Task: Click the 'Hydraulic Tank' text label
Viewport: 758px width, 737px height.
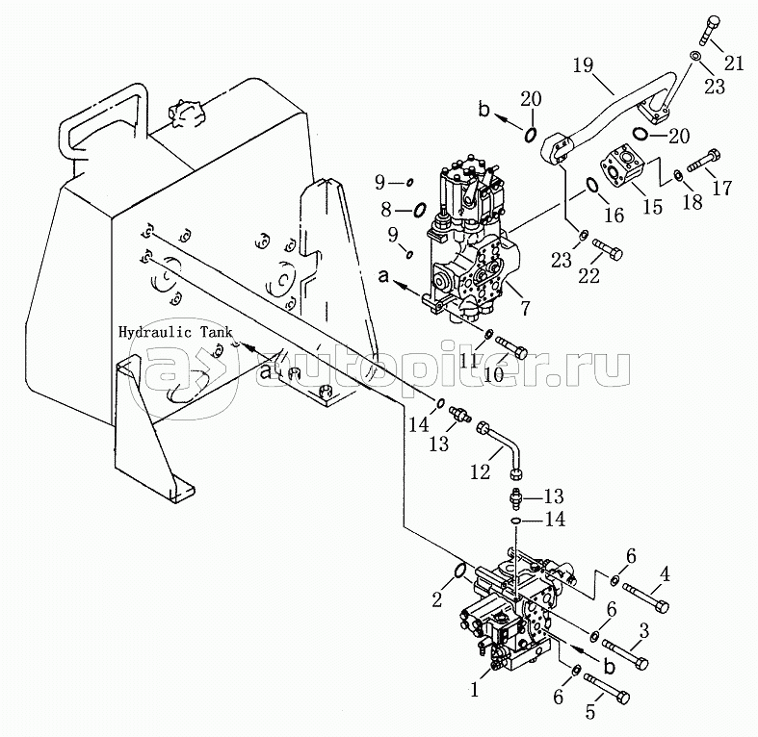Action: (x=175, y=332)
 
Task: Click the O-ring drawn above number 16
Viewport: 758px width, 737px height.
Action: (x=593, y=188)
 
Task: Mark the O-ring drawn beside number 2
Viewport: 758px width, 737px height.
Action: (x=460, y=574)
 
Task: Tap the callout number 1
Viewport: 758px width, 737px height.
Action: (x=472, y=689)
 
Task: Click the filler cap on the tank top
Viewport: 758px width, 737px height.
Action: (x=184, y=112)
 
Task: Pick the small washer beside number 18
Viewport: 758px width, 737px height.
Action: (x=679, y=174)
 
